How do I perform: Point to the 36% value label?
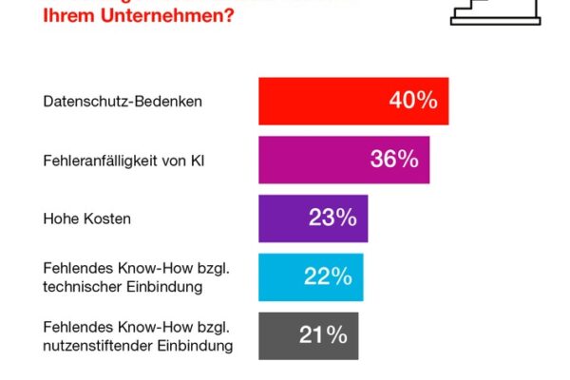(394, 160)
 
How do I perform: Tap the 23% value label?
(332, 218)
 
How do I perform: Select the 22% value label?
(328, 277)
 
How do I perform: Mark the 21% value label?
(323, 335)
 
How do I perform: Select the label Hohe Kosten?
(87, 218)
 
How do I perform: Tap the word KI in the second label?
(197, 160)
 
